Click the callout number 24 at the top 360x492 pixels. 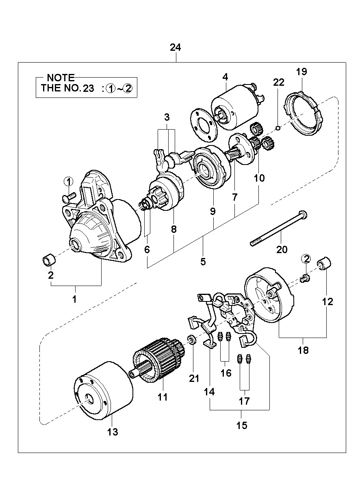[175, 48]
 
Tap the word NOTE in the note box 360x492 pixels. [61, 78]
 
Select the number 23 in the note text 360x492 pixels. [89, 88]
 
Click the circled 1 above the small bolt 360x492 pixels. [69, 182]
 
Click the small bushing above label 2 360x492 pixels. [49, 259]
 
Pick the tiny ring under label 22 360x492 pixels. [278, 128]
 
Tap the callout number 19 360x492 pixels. [301, 72]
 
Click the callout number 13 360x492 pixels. [113, 432]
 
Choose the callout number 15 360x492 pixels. [242, 425]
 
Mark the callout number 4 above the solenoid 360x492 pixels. [225, 77]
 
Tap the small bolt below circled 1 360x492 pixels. [69, 197]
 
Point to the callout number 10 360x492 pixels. [259, 178]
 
